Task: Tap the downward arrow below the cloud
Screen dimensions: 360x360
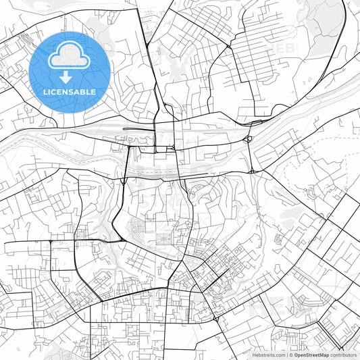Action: pos(69,76)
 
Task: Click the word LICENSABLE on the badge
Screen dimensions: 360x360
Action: pos(69,91)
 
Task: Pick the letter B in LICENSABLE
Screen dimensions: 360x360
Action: pos(88,91)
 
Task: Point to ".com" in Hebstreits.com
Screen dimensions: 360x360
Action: pos(280,355)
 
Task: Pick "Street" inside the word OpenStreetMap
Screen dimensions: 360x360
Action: pos(313,355)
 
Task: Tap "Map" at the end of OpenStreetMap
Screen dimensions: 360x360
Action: pos(325,355)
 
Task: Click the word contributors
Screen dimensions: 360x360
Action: pos(344,355)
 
